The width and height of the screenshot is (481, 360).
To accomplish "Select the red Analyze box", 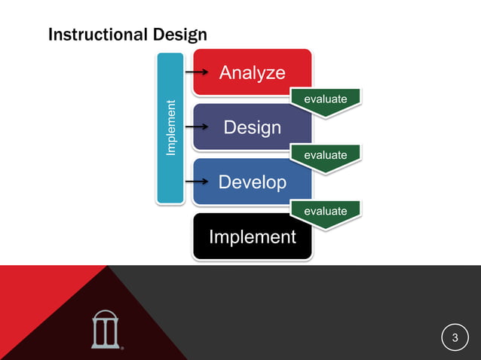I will click(252, 73).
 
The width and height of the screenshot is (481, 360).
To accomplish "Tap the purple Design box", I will click(252, 128).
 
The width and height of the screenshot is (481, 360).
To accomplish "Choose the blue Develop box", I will click(252, 182).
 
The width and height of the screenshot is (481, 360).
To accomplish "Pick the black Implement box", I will click(252, 237).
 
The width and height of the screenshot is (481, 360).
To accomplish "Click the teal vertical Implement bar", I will click(170, 128).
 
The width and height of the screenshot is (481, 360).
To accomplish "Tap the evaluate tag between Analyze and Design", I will click(325, 99).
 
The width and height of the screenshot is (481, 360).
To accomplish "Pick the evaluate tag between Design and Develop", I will click(325, 155).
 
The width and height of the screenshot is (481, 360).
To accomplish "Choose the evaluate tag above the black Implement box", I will click(325, 211).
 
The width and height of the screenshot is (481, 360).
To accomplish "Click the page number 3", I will click(455, 337).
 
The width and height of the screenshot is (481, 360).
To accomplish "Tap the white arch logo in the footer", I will click(105, 329).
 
